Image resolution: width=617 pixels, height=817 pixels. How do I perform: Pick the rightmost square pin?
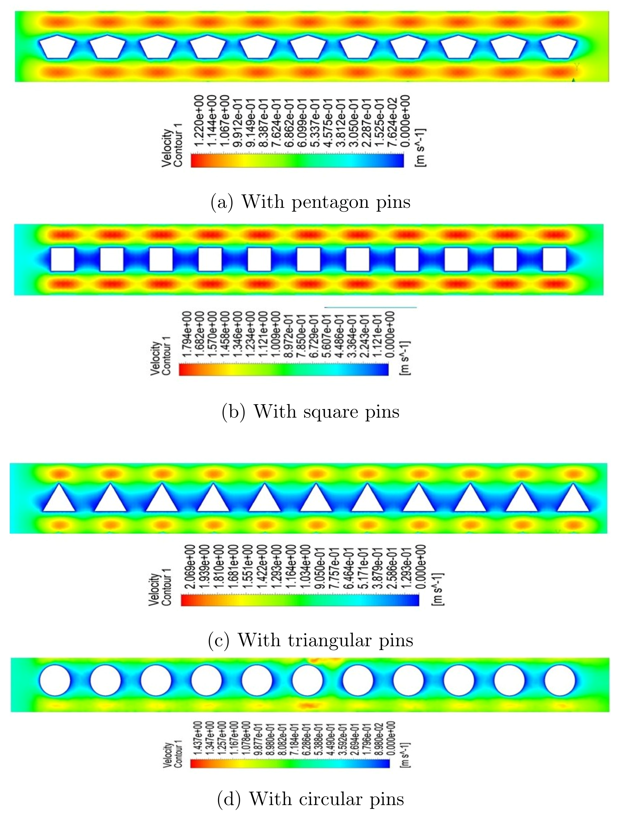click(x=554, y=259)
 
